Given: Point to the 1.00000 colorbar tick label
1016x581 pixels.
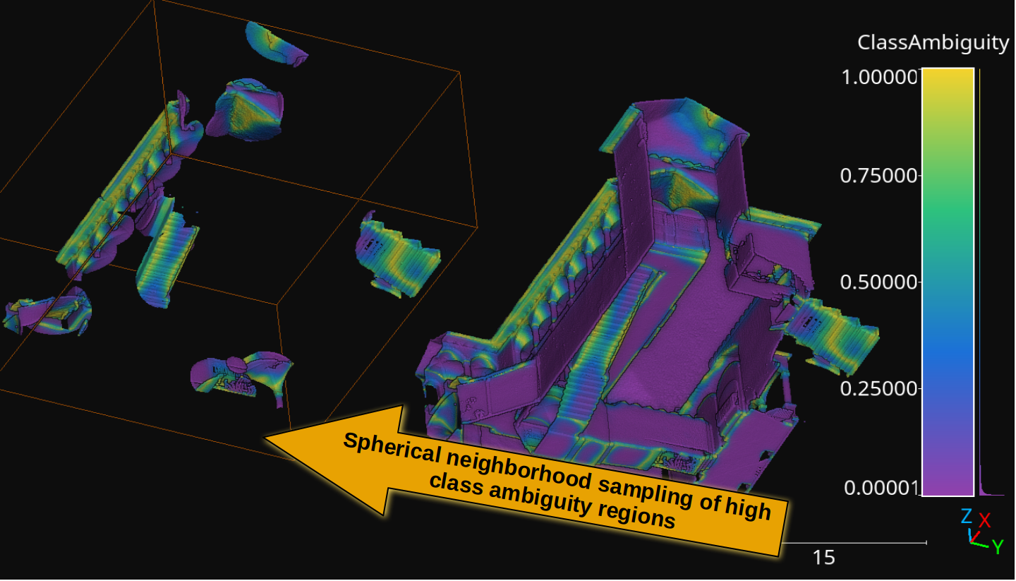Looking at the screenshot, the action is click(881, 77).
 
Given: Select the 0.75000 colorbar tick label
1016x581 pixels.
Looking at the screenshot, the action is click(879, 176).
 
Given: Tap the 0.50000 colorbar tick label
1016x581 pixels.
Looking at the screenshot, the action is click(879, 282).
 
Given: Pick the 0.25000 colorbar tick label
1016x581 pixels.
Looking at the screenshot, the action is click(879, 389).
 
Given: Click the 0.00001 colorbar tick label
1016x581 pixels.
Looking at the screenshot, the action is click(881, 488).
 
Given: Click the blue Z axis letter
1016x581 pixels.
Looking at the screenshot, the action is click(966, 517).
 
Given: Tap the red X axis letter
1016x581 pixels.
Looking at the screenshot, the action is click(984, 520).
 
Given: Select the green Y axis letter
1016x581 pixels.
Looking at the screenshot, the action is click(998, 546).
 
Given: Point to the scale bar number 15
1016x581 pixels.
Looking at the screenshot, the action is click(823, 558).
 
